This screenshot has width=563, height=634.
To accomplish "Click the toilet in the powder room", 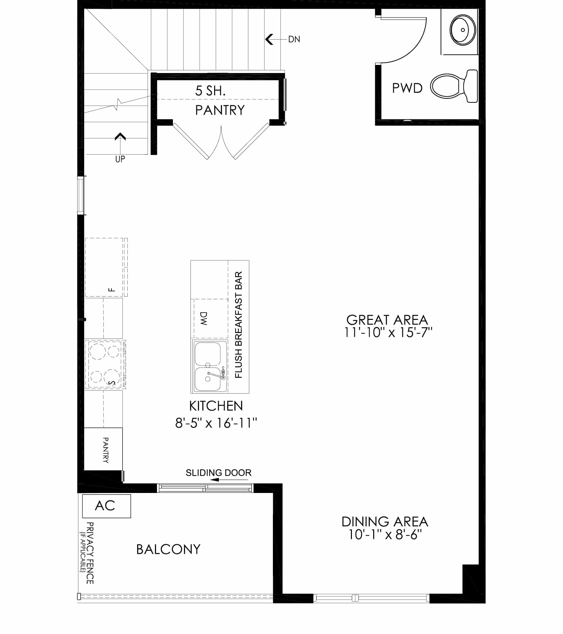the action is tap(454, 86).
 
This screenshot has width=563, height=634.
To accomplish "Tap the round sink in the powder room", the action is tap(463, 30).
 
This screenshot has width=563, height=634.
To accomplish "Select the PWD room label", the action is tap(407, 88).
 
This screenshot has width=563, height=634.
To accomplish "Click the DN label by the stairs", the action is tap(294, 39).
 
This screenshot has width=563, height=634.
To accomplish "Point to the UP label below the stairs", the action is tap(120, 159).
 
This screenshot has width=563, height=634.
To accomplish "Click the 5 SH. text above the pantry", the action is tap(210, 91).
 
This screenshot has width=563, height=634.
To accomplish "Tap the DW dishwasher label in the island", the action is tap(203, 319).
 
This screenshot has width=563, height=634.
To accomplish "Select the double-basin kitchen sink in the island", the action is tap(210, 366).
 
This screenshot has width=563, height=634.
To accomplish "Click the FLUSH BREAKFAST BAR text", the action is tap(238, 325).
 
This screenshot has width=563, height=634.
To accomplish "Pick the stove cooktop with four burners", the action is tap(105, 365).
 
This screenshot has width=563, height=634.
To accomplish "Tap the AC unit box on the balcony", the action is tap(106, 506).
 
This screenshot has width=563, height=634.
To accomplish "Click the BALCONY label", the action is tap(168, 549).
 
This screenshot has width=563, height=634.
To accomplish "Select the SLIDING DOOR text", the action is tap(219, 473).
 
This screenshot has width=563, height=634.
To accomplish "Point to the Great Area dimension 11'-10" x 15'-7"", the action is tap(388, 332).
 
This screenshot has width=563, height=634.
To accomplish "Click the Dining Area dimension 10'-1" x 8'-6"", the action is tap(385, 535).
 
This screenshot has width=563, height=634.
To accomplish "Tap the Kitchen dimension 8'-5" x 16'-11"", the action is tap(216, 423).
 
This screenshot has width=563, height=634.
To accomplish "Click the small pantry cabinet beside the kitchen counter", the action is tap(103, 449).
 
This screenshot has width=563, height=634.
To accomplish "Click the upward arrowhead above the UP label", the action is tap(120, 136).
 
